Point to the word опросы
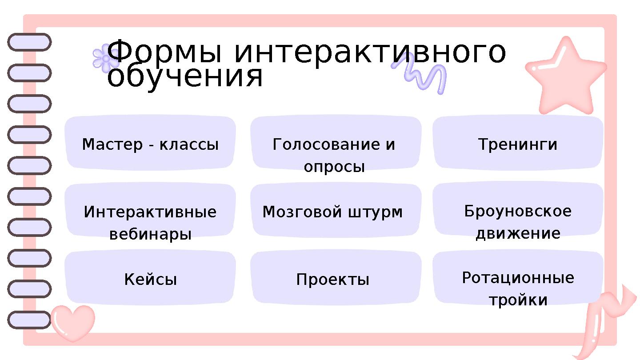334,167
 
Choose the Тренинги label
518,144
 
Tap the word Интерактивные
150,212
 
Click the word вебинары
150,234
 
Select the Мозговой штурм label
333,212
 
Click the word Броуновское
518,211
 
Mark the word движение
518,233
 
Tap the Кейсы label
150,280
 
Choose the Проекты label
333,280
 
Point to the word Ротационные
518,278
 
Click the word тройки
518,300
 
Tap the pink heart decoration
72,322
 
